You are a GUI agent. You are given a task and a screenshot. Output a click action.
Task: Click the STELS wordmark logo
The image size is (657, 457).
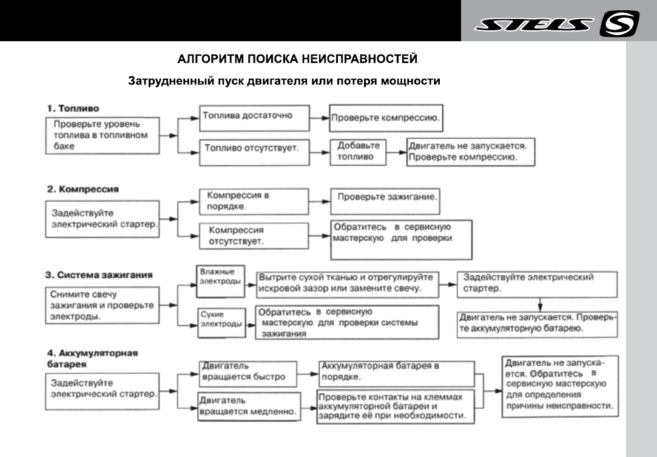point(533,24)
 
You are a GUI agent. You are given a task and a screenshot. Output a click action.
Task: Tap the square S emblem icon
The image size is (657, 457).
point(619,24)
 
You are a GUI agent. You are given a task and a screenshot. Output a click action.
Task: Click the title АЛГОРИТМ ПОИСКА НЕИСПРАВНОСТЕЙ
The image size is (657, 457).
point(297,59)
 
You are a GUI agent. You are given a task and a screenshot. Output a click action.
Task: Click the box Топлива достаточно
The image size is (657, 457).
point(254,118)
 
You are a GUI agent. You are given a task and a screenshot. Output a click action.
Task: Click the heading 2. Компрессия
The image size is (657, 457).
point(83,189)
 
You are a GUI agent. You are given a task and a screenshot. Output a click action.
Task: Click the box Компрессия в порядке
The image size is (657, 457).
point(254,201)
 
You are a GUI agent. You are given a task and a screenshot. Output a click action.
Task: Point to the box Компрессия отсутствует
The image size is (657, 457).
point(254,236)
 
